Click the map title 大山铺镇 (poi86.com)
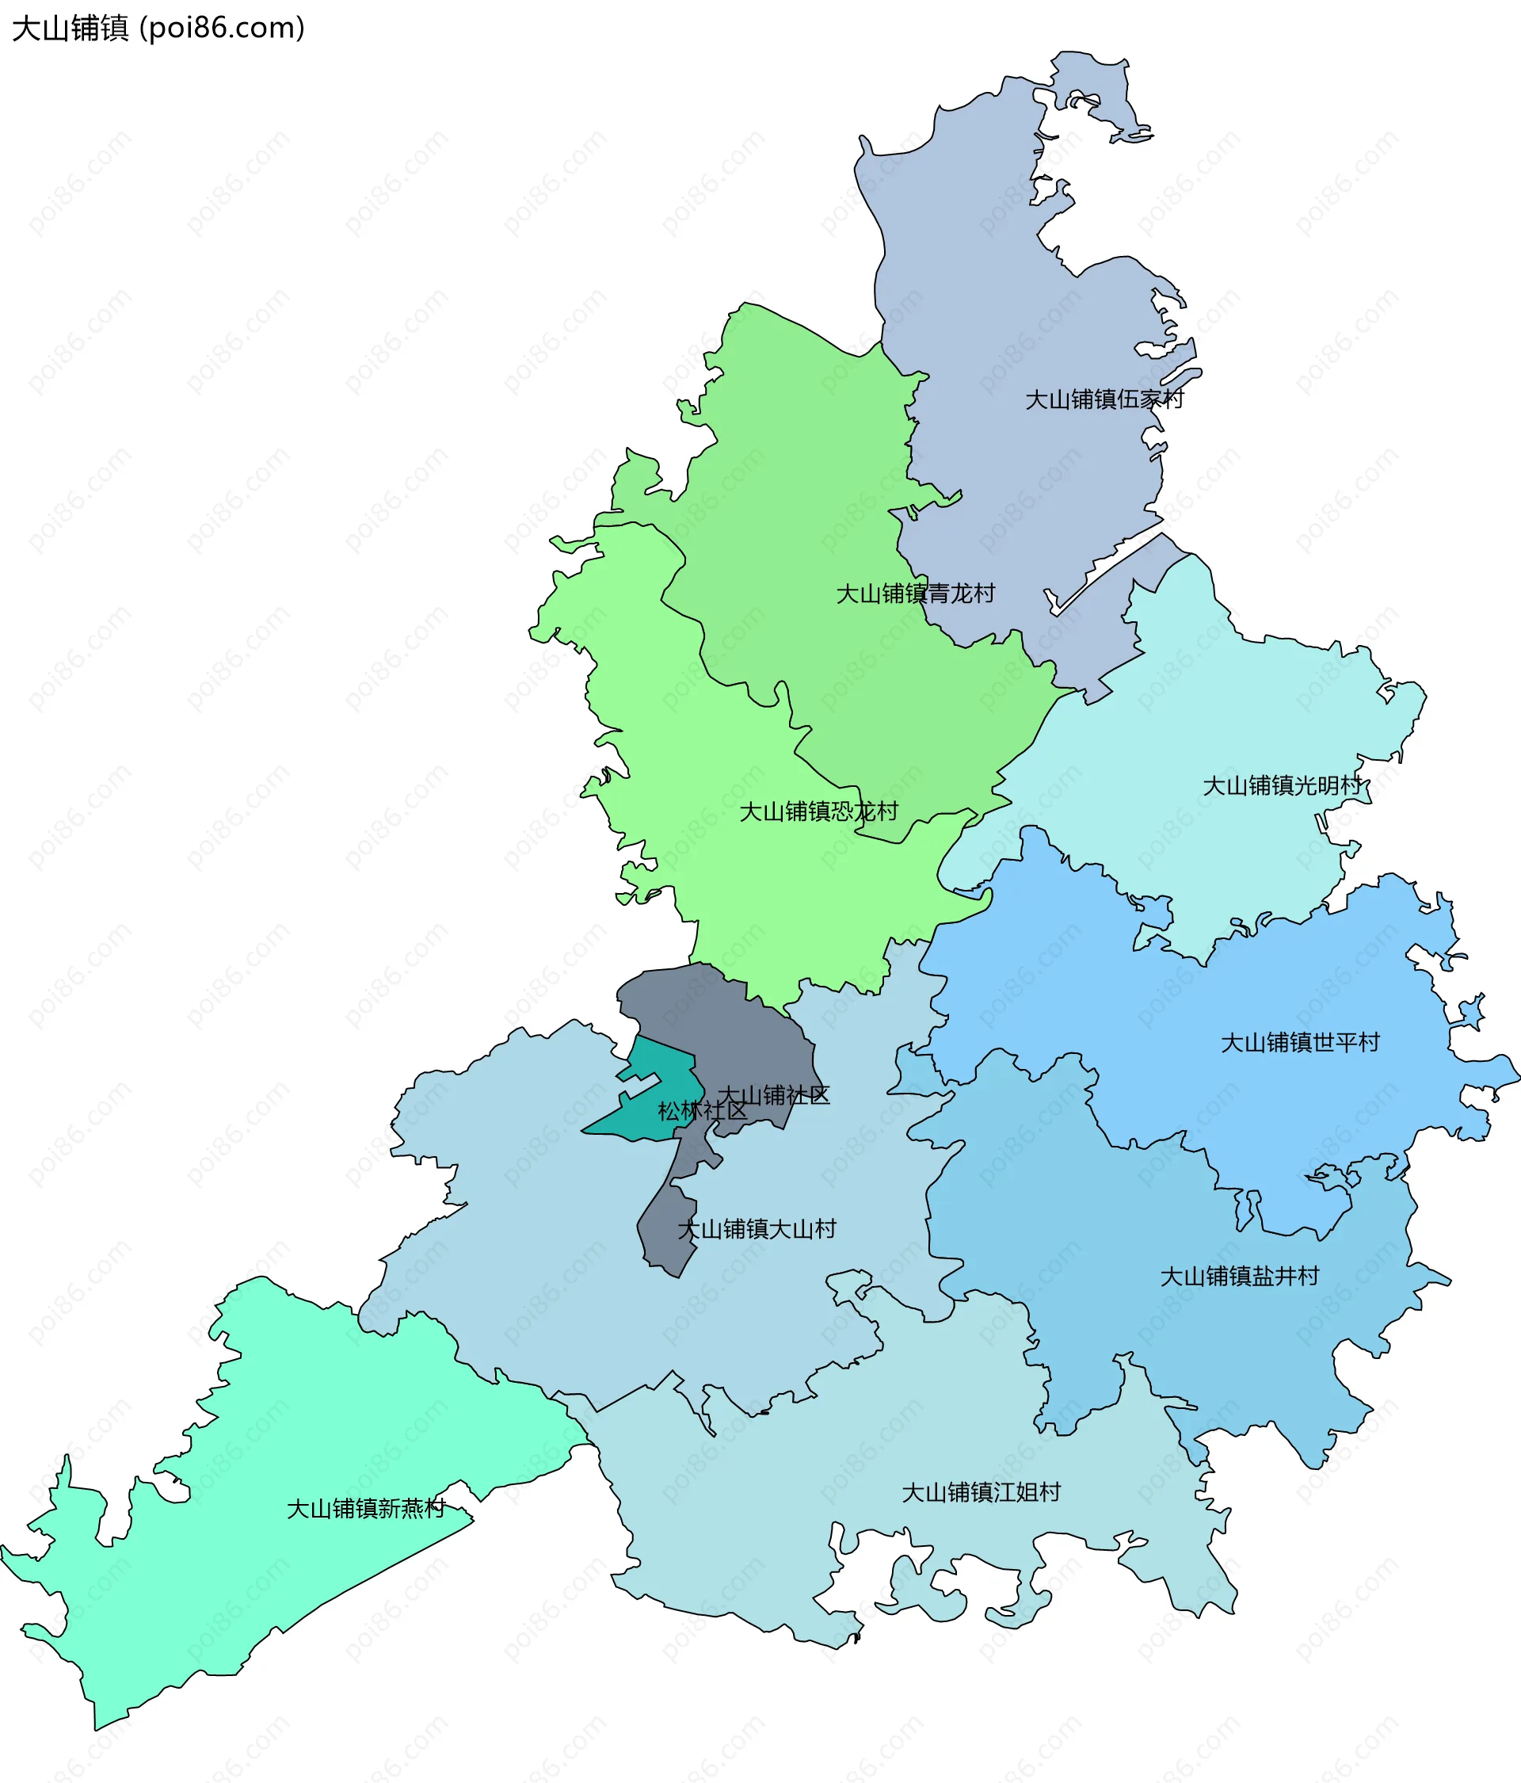point(158,29)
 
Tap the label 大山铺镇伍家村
point(1104,399)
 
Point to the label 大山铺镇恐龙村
point(818,811)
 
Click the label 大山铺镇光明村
point(1282,785)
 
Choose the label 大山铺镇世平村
point(1300,1043)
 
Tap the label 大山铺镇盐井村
point(1239,1276)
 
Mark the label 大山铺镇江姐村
point(981,1492)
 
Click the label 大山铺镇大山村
point(757,1229)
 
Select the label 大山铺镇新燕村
point(366,1509)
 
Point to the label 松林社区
point(702,1111)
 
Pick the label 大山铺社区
point(773,1095)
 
